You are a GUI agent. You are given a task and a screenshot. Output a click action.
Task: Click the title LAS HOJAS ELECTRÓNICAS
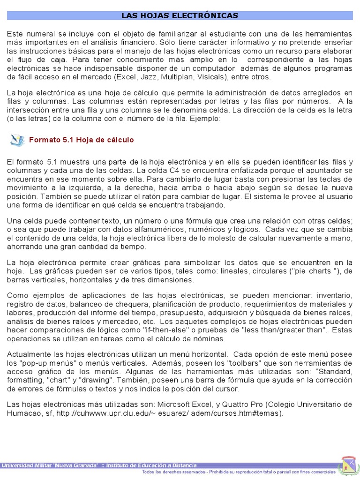pos(180,16)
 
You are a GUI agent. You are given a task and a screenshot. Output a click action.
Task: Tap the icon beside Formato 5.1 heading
pos(18,139)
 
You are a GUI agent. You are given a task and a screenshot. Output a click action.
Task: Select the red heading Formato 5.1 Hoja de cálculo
pos(82,140)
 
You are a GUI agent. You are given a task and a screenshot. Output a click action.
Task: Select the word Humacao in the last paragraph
pos(23,413)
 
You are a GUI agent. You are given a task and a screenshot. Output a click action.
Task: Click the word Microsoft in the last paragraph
pos(176,405)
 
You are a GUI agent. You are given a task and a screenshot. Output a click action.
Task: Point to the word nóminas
pos(209,338)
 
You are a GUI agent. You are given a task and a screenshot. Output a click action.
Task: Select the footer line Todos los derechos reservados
pos(239,472)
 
